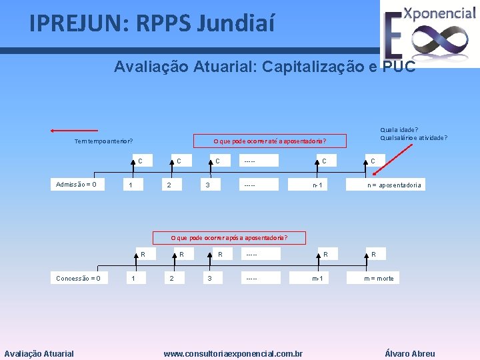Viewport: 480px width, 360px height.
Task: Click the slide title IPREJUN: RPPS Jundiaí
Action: coord(151,24)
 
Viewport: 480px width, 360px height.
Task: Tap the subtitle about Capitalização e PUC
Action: coord(265,67)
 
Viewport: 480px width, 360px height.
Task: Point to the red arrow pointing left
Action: coord(74,131)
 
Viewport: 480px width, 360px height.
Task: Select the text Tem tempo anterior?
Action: coord(103,141)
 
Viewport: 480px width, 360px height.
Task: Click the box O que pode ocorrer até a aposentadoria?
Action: coord(269,141)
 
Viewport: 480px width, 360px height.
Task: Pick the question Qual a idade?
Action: coord(399,130)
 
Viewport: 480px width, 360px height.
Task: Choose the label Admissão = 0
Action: coord(76,185)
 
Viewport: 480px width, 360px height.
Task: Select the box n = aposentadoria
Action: coord(394,185)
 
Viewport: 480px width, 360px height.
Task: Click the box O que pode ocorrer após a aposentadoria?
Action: coord(229,237)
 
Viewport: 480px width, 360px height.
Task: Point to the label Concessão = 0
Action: coord(79,278)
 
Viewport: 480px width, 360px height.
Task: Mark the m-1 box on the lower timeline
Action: coord(317,278)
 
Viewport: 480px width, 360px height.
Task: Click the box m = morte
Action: coord(379,278)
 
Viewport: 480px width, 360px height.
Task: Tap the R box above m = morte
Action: coord(373,254)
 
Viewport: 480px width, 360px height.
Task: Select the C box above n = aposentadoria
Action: coord(373,161)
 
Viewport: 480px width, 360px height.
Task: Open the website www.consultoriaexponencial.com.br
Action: coord(233,354)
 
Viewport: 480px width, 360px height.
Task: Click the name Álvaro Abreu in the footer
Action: coord(410,354)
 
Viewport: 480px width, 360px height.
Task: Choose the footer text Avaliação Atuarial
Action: coord(39,354)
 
